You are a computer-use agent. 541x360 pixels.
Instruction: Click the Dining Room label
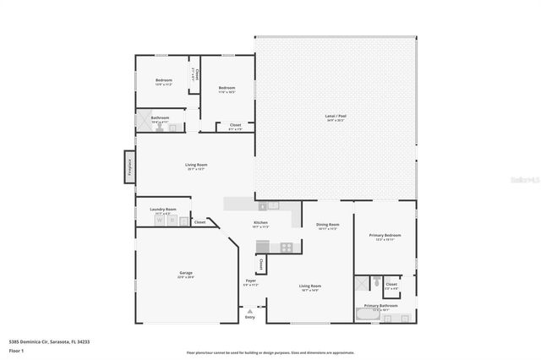[327, 226]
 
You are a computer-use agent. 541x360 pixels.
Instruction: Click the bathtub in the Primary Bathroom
[367, 316]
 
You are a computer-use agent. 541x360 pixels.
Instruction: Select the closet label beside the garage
[199, 222]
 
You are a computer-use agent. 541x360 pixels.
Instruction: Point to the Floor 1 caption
[15, 349]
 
